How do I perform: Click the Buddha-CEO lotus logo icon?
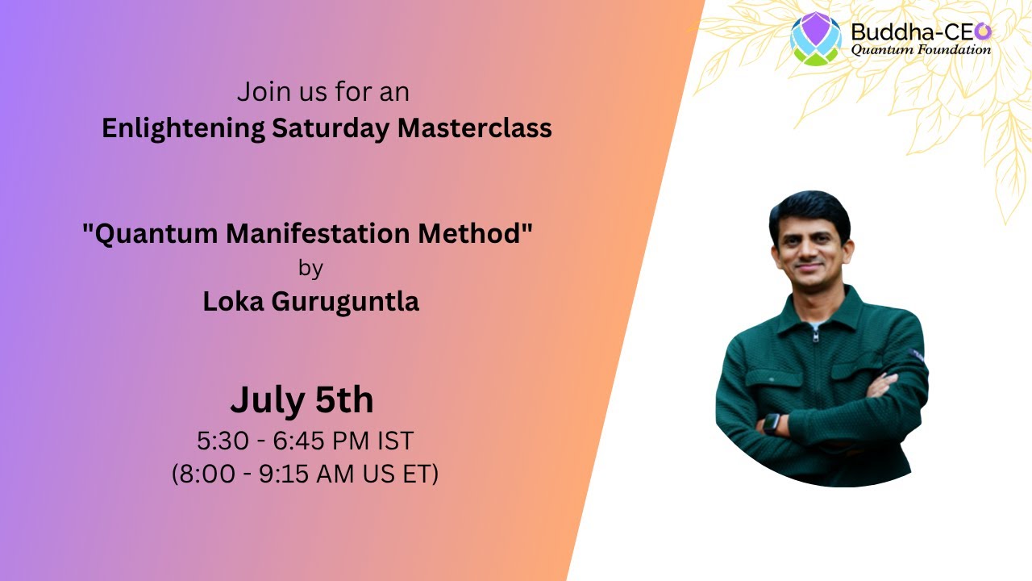(x=815, y=38)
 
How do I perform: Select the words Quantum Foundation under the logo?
(x=921, y=50)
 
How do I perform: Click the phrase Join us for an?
(x=322, y=92)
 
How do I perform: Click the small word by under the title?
(x=310, y=268)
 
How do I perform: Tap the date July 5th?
(x=302, y=399)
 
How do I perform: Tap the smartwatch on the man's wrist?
(x=772, y=424)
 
